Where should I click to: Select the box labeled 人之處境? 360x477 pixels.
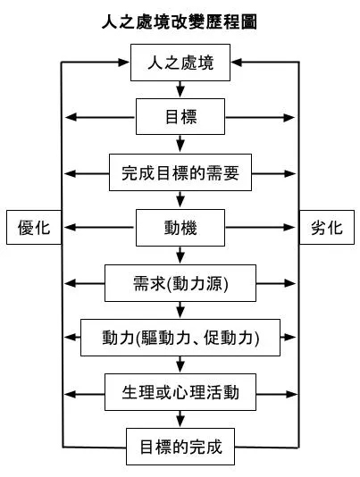coord(180,63)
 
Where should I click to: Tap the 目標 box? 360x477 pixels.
coord(180,117)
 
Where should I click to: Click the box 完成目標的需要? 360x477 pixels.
coord(180,172)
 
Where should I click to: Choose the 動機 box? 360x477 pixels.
coord(180,227)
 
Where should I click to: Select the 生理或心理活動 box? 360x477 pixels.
coord(180,391)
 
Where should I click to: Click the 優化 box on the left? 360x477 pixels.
coord(33,227)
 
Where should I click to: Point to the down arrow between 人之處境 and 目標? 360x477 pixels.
coord(180,89)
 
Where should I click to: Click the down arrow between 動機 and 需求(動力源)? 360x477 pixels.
coord(180,255)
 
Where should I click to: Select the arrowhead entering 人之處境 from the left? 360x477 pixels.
coord(123,63)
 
